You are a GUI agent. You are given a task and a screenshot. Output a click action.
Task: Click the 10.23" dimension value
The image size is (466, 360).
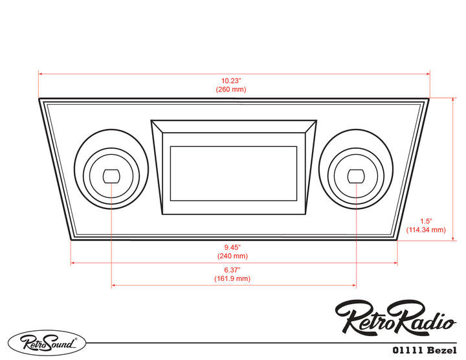(x=234, y=81)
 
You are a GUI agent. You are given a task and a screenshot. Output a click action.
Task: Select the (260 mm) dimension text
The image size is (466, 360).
(x=234, y=89)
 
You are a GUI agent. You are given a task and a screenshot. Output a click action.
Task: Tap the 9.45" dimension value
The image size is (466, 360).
(x=232, y=247)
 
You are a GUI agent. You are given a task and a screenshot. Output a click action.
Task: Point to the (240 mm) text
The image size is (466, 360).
(x=232, y=256)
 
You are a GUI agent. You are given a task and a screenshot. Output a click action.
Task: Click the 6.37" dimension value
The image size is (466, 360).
(x=232, y=270)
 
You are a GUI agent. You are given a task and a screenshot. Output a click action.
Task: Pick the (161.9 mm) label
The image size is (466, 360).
(x=232, y=279)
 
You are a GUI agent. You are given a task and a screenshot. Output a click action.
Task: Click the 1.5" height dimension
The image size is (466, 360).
(x=425, y=221)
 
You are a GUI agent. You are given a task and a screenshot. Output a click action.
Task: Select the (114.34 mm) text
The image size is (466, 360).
(x=426, y=230)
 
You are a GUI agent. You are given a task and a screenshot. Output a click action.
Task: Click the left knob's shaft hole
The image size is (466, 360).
(x=112, y=175)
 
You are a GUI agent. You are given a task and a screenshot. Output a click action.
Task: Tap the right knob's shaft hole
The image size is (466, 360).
(x=355, y=175)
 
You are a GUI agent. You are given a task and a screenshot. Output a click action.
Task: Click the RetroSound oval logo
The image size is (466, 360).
(x=46, y=342)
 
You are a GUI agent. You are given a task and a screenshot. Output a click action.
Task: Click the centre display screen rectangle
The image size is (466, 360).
(x=233, y=173)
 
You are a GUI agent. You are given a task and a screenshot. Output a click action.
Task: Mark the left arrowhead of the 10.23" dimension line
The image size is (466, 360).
(x=41, y=74)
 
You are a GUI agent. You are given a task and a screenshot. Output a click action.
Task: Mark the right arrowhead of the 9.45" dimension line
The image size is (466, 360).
(x=395, y=263)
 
